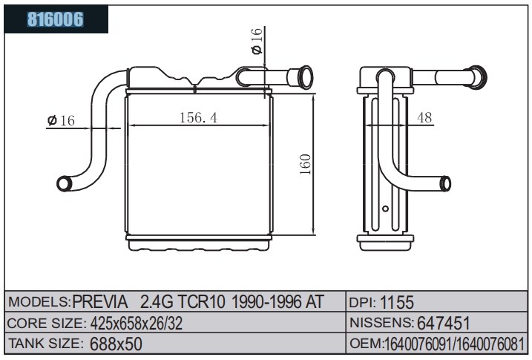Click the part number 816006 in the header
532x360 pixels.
click(x=56, y=19)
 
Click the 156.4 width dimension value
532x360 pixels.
click(x=199, y=118)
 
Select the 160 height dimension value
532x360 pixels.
click(x=306, y=164)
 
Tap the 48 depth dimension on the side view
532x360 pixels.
click(x=424, y=118)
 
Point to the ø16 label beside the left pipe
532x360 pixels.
click(x=61, y=120)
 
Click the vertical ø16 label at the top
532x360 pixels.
click(x=257, y=41)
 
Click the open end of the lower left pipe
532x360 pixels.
click(x=64, y=183)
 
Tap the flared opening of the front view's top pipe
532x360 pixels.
click(x=305, y=77)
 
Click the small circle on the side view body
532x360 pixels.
click(x=385, y=209)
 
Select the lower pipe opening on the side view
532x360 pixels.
click(x=445, y=184)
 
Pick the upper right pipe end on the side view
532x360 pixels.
click(x=479, y=77)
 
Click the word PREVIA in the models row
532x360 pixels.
click(x=100, y=301)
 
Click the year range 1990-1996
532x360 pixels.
click(x=266, y=301)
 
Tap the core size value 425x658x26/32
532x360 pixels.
click(x=137, y=324)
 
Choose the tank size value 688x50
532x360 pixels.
click(x=116, y=344)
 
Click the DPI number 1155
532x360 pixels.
click(x=397, y=302)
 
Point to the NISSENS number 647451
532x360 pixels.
click(x=444, y=323)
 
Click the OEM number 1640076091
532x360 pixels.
click(x=417, y=344)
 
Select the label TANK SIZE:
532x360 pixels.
click(x=45, y=344)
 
